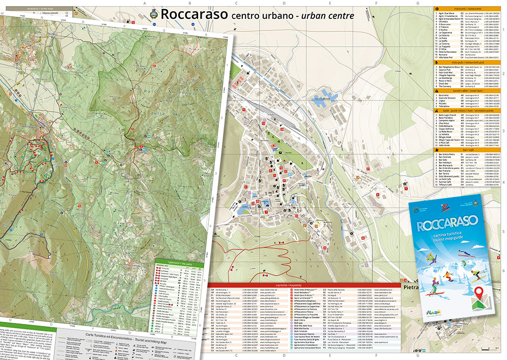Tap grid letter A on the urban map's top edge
click(x=145, y=4)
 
